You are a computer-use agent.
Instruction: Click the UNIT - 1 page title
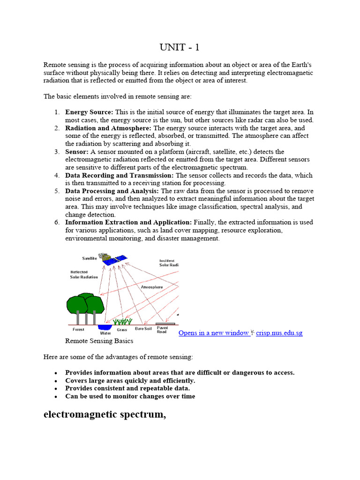pyautogui.click(x=180, y=48)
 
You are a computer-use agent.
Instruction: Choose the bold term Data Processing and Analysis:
pyautogui.click(x=112, y=191)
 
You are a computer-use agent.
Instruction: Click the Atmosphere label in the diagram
pyautogui.click(x=152, y=287)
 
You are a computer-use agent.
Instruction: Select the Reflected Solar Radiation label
pyautogui.click(x=84, y=274)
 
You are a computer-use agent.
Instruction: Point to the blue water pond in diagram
pyautogui.click(x=105, y=326)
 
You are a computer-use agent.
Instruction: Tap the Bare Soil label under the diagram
pyautogui.click(x=143, y=329)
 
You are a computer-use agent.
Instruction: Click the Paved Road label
pyautogui.click(x=162, y=330)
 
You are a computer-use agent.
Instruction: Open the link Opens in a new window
pyautogui.click(x=214, y=333)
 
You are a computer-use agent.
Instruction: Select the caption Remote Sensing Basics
pyautogui.click(x=99, y=341)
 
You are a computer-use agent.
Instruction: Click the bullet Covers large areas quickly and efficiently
pyautogui.click(x=130, y=381)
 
